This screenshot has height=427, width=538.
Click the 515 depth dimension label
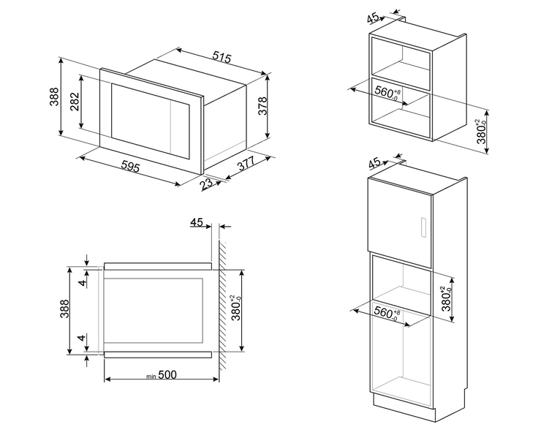pyautogui.click(x=221, y=57)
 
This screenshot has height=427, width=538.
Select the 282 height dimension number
pyautogui.click(x=75, y=102)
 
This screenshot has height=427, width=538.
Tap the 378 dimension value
pyautogui.click(x=262, y=106)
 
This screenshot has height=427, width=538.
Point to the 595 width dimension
pyautogui.click(x=131, y=167)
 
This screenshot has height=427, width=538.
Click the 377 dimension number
pyautogui.click(x=246, y=165)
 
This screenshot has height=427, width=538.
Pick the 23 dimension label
pyautogui.click(x=207, y=184)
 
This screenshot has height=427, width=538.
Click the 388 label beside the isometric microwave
pyautogui.click(x=54, y=97)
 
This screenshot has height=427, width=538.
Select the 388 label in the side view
pyautogui.click(x=64, y=309)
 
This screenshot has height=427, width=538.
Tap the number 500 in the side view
pyautogui.click(x=167, y=375)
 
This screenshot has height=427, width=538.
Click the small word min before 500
pyautogui.click(x=151, y=377)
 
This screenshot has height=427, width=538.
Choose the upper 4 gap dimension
pyautogui.click(x=81, y=282)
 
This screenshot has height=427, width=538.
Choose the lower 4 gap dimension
pyautogui.click(x=81, y=338)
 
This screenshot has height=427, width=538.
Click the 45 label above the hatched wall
pyautogui.click(x=197, y=222)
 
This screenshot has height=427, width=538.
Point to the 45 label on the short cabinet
pyautogui.click(x=373, y=18)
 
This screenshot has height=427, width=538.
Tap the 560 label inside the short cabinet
pyautogui.click(x=387, y=93)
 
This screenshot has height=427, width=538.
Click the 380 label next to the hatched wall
pyautogui.click(x=238, y=308)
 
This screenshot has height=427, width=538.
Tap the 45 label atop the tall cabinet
pyautogui.click(x=374, y=163)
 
